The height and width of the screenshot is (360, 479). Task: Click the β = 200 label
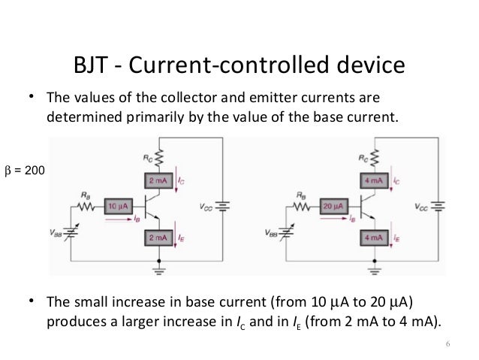23,171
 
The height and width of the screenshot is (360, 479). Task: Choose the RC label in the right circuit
363,158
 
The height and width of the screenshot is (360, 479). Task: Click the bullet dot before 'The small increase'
32,301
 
